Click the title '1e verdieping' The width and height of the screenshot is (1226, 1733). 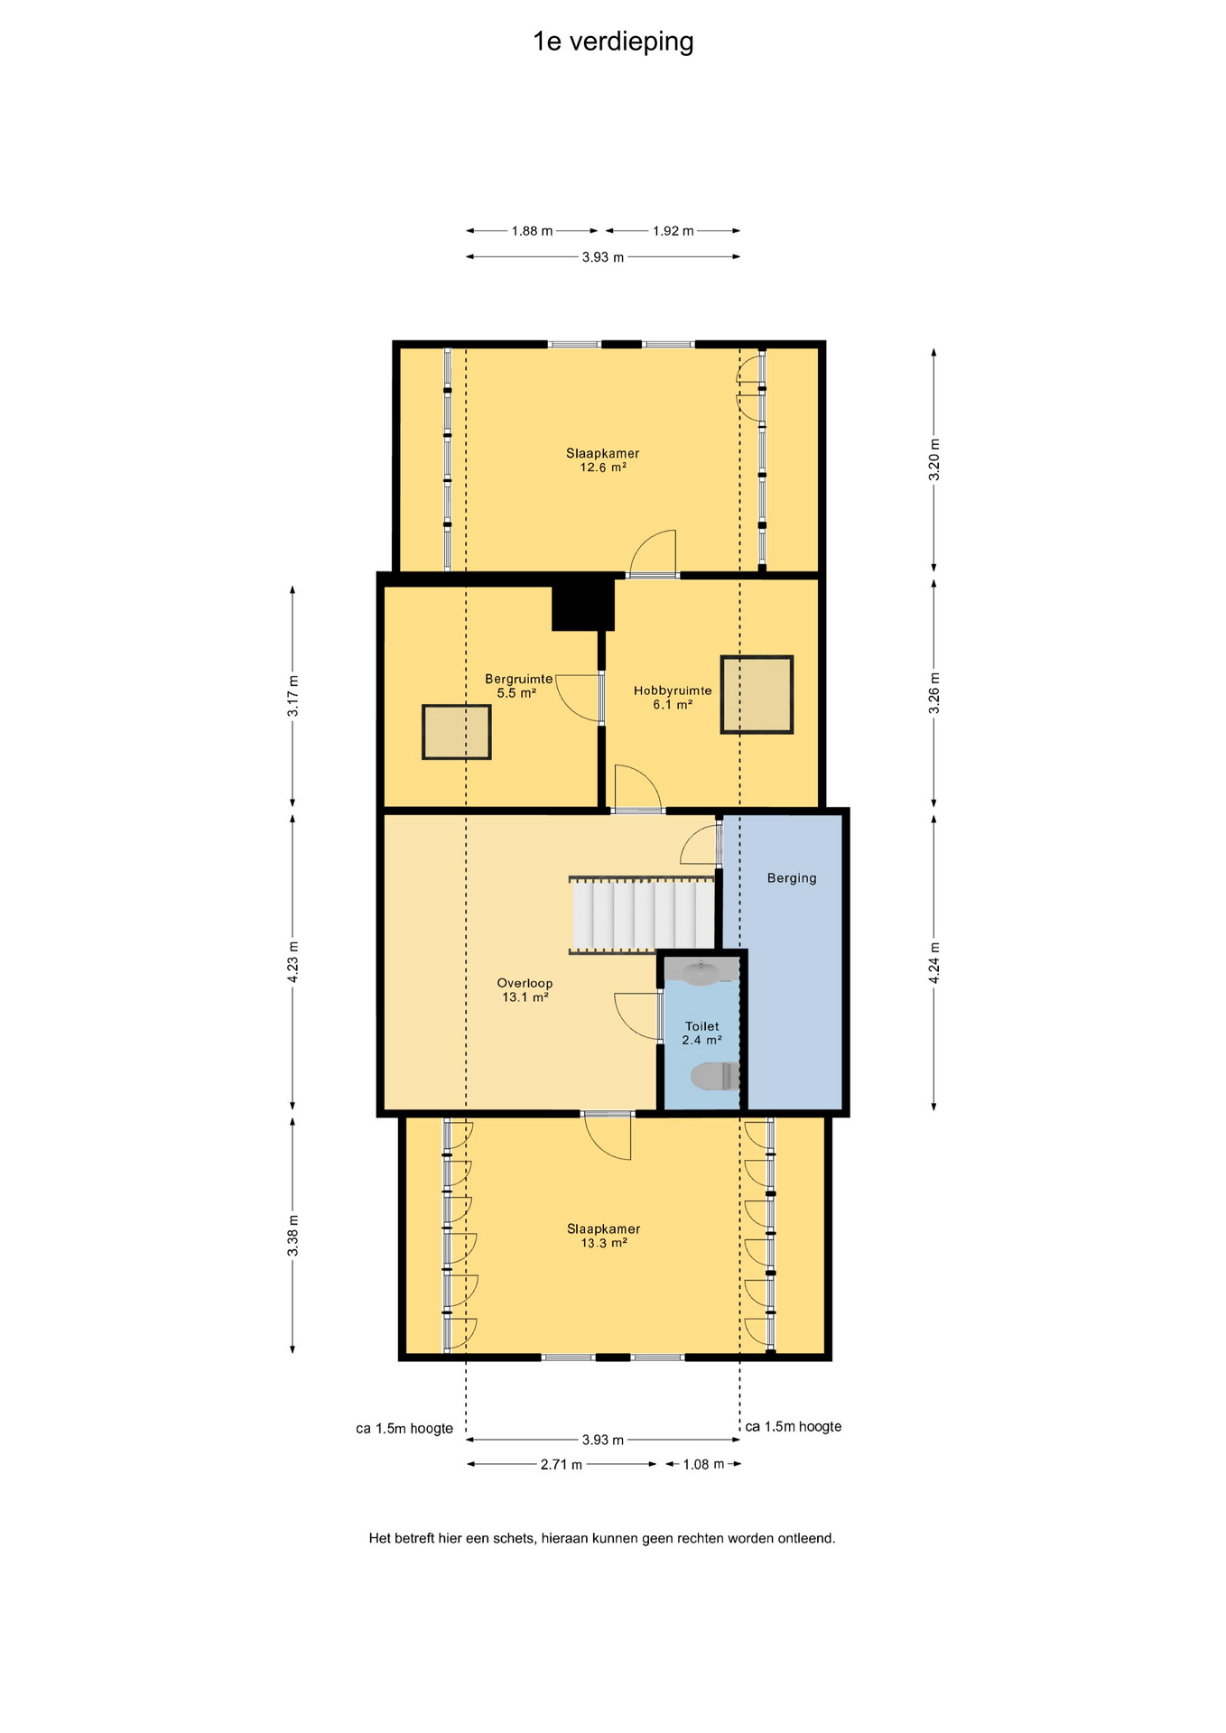pos(613,42)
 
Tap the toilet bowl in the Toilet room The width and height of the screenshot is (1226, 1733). pos(715,1076)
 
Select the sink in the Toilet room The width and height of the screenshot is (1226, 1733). pos(701,971)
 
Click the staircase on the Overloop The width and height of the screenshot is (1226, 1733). pos(642,915)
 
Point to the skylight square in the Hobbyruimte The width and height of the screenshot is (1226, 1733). pos(757,694)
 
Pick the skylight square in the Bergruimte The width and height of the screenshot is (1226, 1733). pos(456,732)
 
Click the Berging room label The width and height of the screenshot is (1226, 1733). pos(792,878)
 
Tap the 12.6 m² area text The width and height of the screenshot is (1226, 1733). pos(603,468)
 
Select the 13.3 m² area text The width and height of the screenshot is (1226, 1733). pos(604,1243)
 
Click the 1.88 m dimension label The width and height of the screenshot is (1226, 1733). pos(532,231)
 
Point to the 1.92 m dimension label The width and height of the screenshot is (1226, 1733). pos(673,231)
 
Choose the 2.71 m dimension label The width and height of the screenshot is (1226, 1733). pos(562,1465)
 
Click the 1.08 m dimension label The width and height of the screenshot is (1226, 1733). pos(703,1464)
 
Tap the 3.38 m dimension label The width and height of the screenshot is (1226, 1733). pos(293,1235)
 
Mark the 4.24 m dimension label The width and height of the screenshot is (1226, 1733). pos(934,962)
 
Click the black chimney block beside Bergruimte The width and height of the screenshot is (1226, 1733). pos(583,604)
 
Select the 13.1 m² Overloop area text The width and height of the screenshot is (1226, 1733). pos(525,997)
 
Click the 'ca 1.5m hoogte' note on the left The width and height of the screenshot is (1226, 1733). pos(404,1429)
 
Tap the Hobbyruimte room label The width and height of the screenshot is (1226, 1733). pos(673,690)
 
